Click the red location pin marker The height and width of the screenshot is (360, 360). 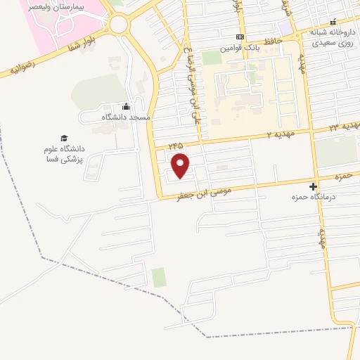(x=181, y=165)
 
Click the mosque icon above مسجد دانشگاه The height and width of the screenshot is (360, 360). (x=125, y=107)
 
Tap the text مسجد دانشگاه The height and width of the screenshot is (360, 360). (x=126, y=117)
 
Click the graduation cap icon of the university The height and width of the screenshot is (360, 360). (x=64, y=139)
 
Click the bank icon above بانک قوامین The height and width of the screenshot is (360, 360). (x=240, y=37)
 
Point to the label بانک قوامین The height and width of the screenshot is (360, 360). (x=236, y=48)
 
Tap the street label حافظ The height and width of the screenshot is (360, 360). (x=271, y=42)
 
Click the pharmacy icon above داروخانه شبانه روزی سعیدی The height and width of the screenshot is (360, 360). (x=333, y=22)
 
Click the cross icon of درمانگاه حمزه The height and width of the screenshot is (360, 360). (x=313, y=187)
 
